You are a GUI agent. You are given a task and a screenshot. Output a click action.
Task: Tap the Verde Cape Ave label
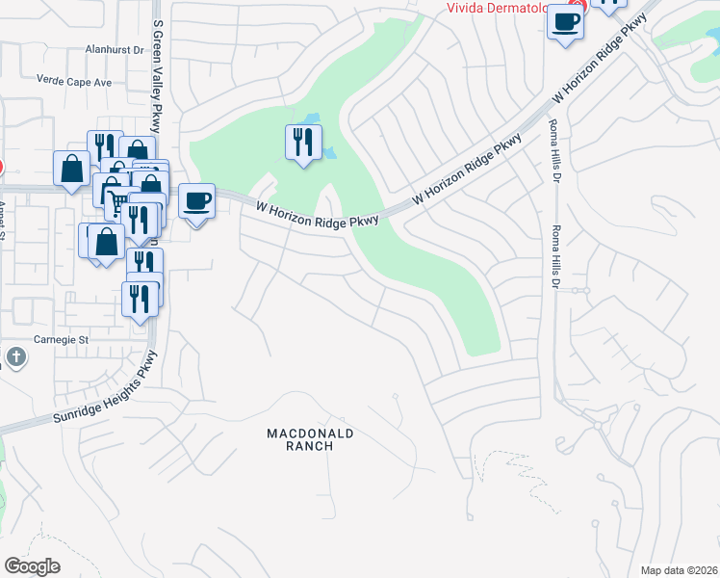pyautogui.click(x=74, y=82)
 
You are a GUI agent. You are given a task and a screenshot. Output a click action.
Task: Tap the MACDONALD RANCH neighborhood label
pyautogui.click(x=311, y=440)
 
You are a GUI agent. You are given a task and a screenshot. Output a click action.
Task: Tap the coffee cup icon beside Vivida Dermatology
pyautogui.click(x=565, y=21)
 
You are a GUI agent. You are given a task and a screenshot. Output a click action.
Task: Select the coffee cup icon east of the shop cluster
pyautogui.click(x=196, y=201)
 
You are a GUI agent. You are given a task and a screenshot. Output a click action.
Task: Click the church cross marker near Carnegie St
pyautogui.click(x=15, y=357)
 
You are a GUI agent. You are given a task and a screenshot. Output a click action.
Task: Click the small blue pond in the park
pyautogui.click(x=330, y=152)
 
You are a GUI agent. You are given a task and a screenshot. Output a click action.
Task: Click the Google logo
pyautogui.click(x=32, y=566)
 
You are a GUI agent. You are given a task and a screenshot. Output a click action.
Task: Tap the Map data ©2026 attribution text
pyautogui.click(x=679, y=570)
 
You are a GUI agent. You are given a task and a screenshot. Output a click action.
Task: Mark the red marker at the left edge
pyautogui.click(x=1, y=166)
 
